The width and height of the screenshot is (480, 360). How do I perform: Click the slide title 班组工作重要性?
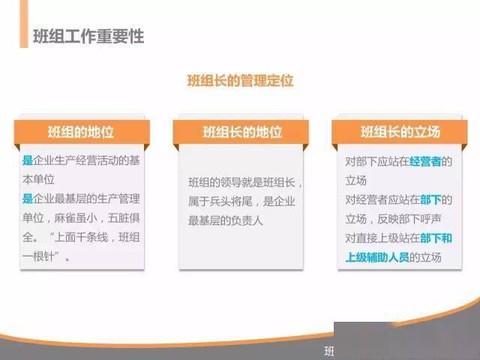(x=88, y=37)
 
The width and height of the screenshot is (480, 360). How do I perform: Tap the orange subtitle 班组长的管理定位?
(x=240, y=81)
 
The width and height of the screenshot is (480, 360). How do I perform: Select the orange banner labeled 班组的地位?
(x=82, y=132)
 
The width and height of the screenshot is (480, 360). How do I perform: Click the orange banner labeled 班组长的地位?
(x=241, y=132)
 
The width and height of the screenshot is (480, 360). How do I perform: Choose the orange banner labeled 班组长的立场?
(x=400, y=132)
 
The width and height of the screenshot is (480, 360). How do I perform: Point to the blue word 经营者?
(x=425, y=161)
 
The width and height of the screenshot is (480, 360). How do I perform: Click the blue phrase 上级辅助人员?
(x=377, y=257)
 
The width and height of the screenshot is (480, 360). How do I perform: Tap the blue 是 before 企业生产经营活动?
(x=28, y=160)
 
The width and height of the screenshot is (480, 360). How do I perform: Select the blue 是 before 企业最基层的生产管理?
(x=28, y=199)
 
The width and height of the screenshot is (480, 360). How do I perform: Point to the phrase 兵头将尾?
(x=231, y=202)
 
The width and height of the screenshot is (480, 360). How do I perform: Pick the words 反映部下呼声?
(x=409, y=219)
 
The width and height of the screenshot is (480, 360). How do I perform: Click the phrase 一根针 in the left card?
(x=38, y=256)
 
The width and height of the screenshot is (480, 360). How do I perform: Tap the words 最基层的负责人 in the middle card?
(x=226, y=220)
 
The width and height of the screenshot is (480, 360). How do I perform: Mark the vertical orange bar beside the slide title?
(x=24, y=24)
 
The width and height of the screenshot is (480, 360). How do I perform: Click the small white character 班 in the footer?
(x=329, y=351)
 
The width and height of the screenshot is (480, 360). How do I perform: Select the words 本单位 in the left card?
(x=38, y=180)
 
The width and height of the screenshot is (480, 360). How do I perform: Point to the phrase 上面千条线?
(x=81, y=237)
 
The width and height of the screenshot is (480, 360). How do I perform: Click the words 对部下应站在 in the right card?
(x=377, y=161)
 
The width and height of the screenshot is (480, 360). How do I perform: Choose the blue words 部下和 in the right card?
(x=436, y=238)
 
